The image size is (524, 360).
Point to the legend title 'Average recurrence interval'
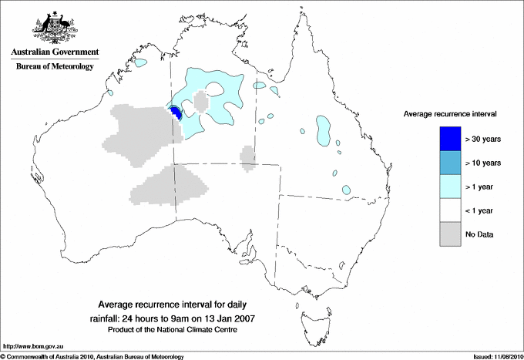450,113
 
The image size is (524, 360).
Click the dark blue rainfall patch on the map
176,113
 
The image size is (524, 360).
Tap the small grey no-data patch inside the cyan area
202,101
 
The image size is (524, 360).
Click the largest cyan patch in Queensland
323,130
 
